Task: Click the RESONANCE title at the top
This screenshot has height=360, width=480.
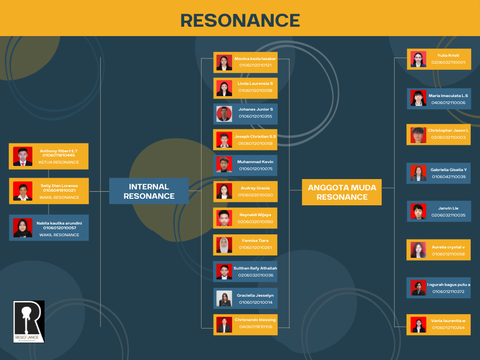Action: (x=240, y=21)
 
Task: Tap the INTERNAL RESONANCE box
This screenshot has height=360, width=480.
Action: (x=149, y=191)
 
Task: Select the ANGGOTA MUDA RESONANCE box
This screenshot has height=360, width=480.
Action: (x=342, y=192)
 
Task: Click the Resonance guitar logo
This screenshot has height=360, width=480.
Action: (x=29, y=322)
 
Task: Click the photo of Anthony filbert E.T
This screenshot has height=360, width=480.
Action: (x=22, y=157)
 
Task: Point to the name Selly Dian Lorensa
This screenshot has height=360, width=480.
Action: (x=59, y=186)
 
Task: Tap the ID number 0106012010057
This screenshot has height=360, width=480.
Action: (x=60, y=228)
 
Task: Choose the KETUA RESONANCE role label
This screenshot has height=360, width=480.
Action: (x=59, y=162)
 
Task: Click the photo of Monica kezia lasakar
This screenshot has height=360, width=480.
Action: (x=224, y=62)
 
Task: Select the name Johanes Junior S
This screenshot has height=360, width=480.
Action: (x=255, y=109)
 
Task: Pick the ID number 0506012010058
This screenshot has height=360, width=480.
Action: (x=255, y=143)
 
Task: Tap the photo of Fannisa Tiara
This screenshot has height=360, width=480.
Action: (x=224, y=245)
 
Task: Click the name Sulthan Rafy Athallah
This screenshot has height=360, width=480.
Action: (x=255, y=268)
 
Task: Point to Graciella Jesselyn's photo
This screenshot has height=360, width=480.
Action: (x=224, y=299)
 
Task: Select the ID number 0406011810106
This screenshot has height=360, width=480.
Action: (x=255, y=327)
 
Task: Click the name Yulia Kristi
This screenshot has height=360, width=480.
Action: (x=448, y=55)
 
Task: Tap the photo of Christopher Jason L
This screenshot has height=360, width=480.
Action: (x=418, y=135)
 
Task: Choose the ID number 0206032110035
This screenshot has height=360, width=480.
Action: (x=448, y=215)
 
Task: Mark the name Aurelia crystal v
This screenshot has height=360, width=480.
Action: (x=448, y=247)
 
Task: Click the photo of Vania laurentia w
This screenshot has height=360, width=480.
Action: (x=418, y=325)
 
